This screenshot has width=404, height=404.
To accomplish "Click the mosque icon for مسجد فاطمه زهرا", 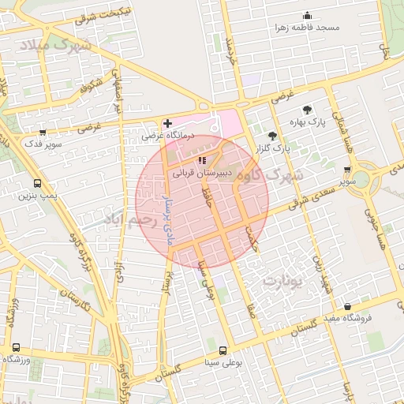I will pos(307,16).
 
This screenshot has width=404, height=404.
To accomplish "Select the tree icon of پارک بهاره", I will pos(307,110).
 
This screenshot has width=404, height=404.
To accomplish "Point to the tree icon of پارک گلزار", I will pos(272,135).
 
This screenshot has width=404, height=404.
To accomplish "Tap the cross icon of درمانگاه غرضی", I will pos(167,123).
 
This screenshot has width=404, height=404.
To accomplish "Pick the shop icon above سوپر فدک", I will pos(42,133).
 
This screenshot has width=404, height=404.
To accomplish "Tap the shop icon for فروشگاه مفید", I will pos(348,307).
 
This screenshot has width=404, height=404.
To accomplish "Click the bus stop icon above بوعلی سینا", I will pos(223,350).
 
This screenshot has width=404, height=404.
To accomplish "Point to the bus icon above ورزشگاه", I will pos(16,347).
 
